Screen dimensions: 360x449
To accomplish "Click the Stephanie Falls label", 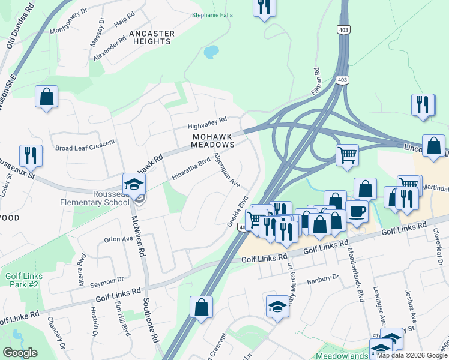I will (212, 15).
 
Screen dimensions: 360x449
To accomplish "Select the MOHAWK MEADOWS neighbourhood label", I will (212, 140).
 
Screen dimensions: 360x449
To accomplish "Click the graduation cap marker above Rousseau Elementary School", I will (134, 184).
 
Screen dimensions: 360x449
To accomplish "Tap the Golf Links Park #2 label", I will (22, 280).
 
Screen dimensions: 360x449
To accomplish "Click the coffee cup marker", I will (357, 211).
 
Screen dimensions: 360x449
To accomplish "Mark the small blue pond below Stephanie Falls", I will (211, 52).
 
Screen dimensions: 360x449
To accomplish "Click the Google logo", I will (20, 353).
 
